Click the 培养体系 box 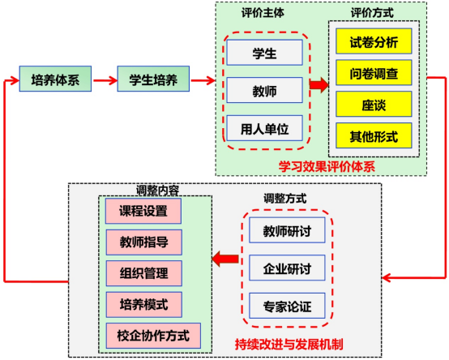click(x=55, y=79)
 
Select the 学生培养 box click(x=153, y=79)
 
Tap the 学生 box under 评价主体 click(x=264, y=53)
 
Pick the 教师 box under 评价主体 click(x=264, y=90)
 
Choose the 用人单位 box click(x=264, y=128)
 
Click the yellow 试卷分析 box click(x=374, y=41)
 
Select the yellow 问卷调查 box click(x=374, y=72)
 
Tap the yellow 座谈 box click(x=374, y=104)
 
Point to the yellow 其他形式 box click(x=374, y=135)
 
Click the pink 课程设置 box click(x=143, y=211)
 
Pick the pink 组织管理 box click(x=144, y=273)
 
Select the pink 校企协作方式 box click(x=153, y=336)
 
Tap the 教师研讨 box click(x=287, y=230)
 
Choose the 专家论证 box click(x=287, y=306)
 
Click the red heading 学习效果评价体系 click(x=327, y=166)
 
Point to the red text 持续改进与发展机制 click(x=289, y=345)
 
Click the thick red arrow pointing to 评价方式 click(x=319, y=85)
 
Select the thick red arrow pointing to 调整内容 click(x=225, y=259)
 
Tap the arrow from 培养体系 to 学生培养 click(x=105, y=80)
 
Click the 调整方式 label click(x=285, y=198)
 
